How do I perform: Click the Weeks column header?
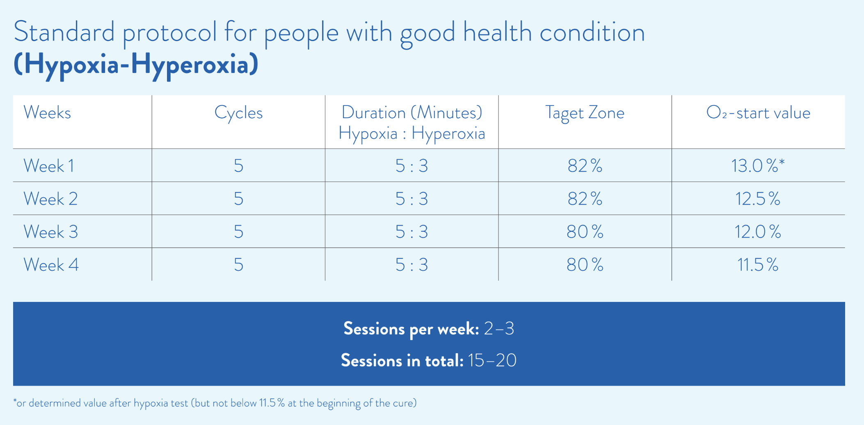[x=47, y=112]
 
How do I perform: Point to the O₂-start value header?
[x=758, y=112]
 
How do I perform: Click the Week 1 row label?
[x=49, y=166]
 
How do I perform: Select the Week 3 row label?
[x=50, y=232]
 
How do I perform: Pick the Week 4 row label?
[x=51, y=265]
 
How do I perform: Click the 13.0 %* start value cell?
[x=758, y=166]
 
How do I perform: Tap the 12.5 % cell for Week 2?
[x=758, y=199]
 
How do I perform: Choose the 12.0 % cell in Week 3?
[x=758, y=232]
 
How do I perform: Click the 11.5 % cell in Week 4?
[x=758, y=265]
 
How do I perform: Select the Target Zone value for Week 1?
[x=585, y=166]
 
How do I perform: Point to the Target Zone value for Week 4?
[x=585, y=265]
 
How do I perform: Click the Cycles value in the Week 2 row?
[x=238, y=199]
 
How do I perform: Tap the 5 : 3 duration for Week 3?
[x=411, y=232]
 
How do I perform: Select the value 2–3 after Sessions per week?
[x=499, y=329]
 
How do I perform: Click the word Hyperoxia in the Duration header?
[x=448, y=133]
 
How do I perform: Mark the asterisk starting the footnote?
[x=15, y=401]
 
